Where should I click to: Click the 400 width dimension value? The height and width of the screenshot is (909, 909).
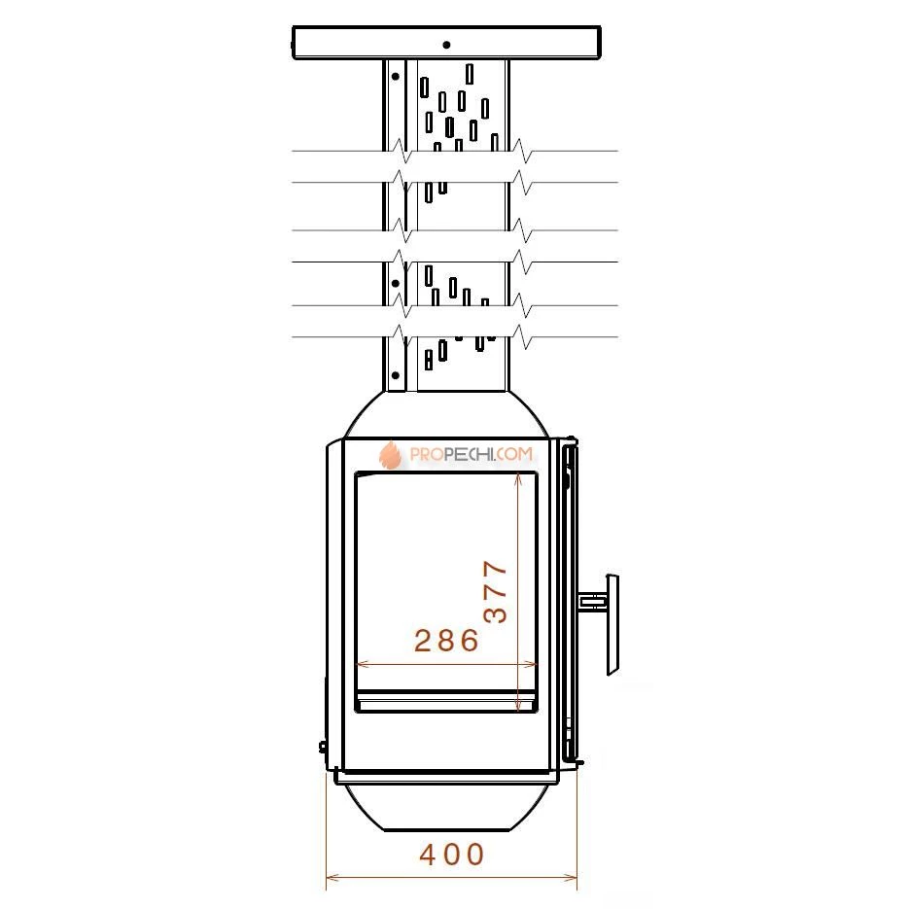tap(452, 855)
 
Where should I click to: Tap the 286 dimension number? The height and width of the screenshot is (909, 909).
tap(446, 641)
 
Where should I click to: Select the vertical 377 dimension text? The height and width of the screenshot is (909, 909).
tap(496, 592)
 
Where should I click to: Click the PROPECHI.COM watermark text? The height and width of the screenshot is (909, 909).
tap(471, 454)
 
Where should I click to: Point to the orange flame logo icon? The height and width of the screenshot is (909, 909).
tap(390, 455)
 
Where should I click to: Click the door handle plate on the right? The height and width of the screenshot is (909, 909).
tap(612, 625)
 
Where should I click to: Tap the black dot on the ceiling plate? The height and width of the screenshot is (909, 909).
tap(446, 45)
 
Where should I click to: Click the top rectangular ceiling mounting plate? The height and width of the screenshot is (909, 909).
tap(446, 43)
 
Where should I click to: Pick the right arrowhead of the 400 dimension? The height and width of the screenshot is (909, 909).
tap(572, 877)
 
